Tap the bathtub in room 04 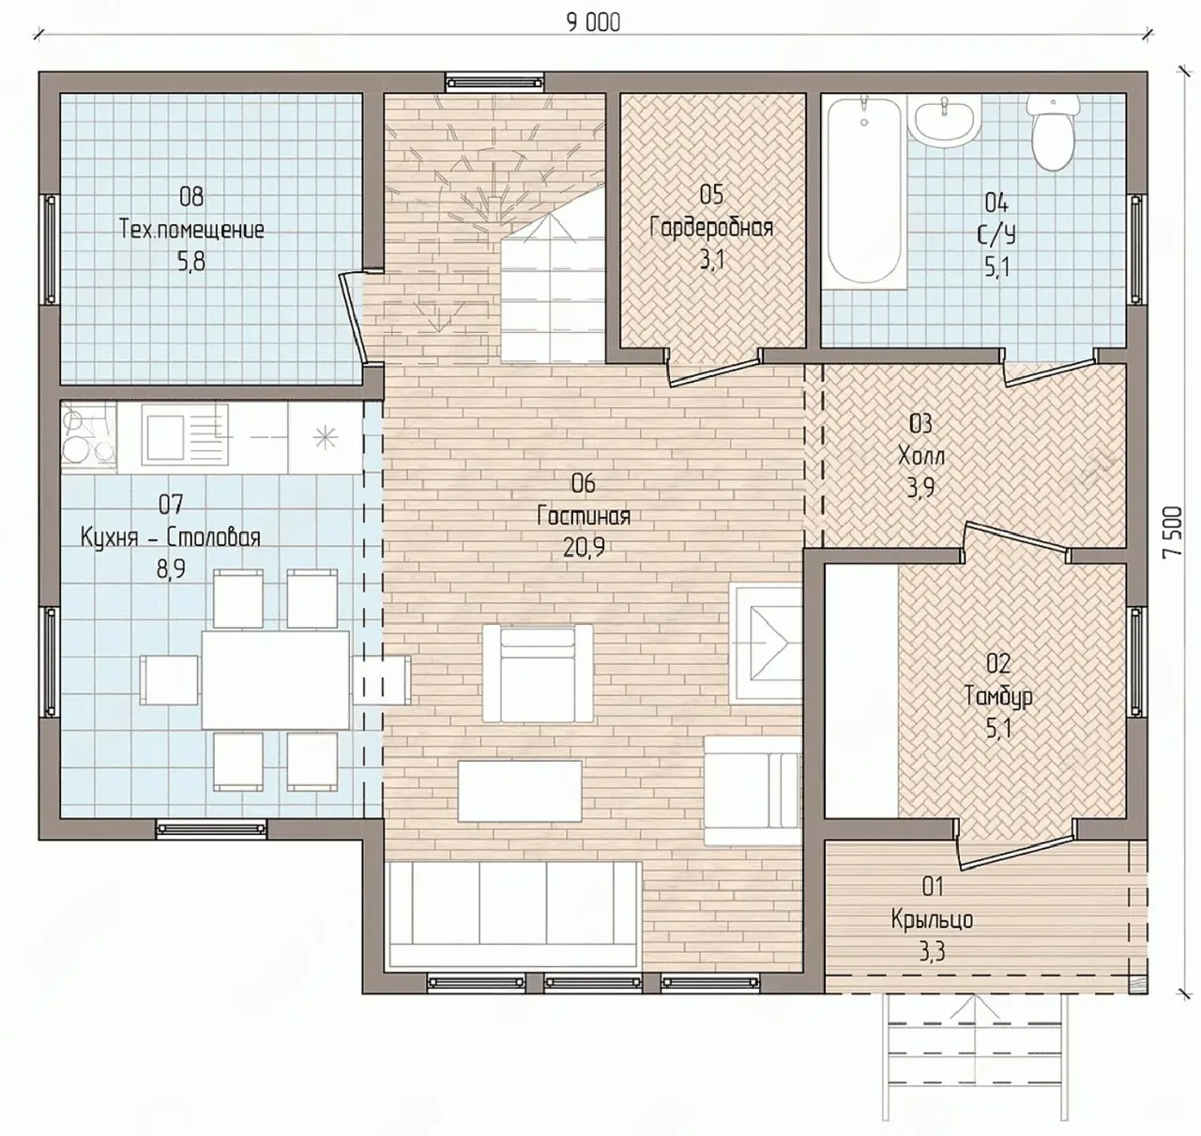click(864, 189)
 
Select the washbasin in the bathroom click(944, 121)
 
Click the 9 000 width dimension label click(593, 23)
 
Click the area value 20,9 click(584, 548)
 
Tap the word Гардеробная click(711, 228)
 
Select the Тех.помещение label click(191, 230)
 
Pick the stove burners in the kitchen click(88, 437)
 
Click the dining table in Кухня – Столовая click(276, 680)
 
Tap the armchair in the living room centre click(537, 673)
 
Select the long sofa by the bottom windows click(513, 915)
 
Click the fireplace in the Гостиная click(766, 644)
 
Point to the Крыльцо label click(933, 920)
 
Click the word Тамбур click(998, 696)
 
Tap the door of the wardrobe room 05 click(715, 371)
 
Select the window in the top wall click(494, 82)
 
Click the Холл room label click(920, 456)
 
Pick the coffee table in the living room click(520, 790)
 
